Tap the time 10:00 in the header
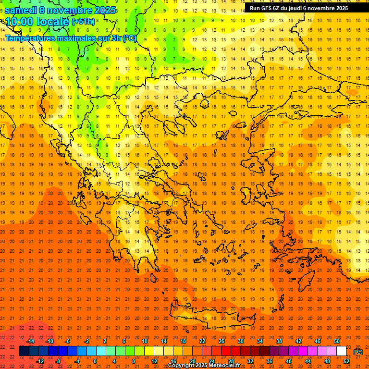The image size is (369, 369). (20, 22)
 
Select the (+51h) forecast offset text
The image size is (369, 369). (83, 22)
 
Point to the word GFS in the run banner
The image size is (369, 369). (268, 8)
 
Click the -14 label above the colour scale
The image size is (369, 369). (30, 341)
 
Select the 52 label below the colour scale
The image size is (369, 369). (346, 361)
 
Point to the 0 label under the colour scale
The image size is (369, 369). (95, 361)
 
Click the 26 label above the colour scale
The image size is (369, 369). (221, 341)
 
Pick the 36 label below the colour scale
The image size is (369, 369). (270, 361)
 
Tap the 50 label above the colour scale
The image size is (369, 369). (337, 341)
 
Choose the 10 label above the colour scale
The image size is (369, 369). (145, 341)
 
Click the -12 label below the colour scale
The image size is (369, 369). (40, 361)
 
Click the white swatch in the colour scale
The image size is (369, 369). (342, 351)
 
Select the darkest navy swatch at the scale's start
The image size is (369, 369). (24, 351)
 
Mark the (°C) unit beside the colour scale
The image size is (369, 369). (358, 351)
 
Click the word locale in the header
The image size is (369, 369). (52, 22)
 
